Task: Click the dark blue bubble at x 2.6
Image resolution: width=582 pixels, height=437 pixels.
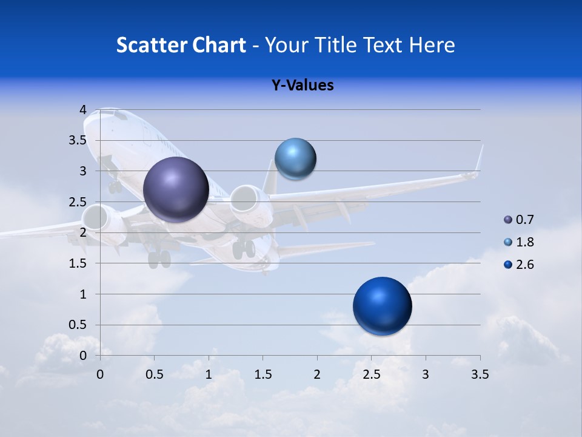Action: click(382, 306)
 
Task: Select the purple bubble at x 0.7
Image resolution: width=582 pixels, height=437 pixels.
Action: click(176, 189)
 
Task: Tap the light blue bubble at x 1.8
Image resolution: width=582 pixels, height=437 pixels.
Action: click(295, 159)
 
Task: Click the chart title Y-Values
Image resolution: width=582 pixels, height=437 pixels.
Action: click(303, 86)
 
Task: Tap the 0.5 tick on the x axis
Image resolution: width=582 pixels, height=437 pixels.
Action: click(155, 374)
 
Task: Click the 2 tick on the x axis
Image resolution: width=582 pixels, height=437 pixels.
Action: click(316, 374)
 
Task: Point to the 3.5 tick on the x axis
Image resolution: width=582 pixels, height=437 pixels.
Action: click(480, 374)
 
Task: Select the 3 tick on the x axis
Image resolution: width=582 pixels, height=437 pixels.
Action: click(425, 374)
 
